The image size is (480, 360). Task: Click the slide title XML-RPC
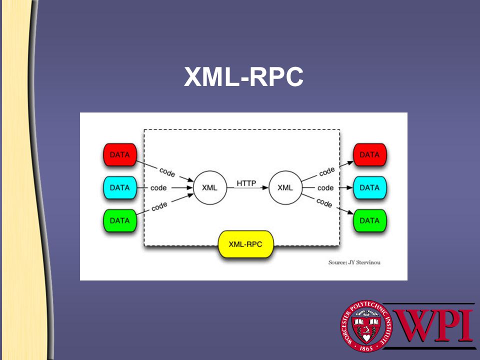[243, 77]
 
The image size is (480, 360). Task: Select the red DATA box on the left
[119, 155]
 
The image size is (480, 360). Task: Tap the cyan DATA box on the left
[119, 188]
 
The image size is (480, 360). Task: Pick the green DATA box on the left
[119, 220]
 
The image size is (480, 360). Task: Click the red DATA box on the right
[369, 155]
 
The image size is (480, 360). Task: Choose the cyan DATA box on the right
[369, 188]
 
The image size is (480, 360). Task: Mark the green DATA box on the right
[369, 220]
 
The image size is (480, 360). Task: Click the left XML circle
[209, 188]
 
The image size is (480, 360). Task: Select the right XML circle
[285, 188]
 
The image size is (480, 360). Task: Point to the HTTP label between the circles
[246, 183]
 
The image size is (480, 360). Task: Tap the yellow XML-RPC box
[245, 244]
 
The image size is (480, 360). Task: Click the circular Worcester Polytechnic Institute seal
[366, 326]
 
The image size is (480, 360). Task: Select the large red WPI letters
[433, 325]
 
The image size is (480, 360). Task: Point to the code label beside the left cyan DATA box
[158, 188]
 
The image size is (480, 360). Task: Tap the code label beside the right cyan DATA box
[325, 188]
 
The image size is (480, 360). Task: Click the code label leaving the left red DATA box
[167, 171]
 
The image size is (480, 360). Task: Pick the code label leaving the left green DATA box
[159, 205]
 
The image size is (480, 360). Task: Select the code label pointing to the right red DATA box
[326, 171]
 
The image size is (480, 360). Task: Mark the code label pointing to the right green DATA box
[324, 203]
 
